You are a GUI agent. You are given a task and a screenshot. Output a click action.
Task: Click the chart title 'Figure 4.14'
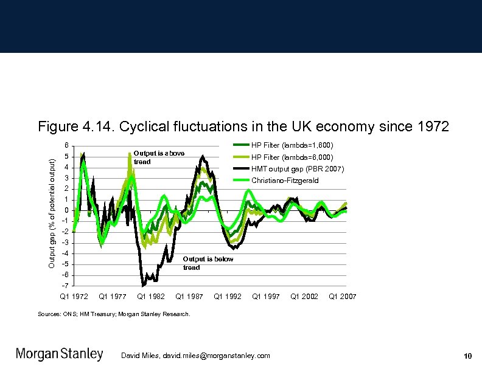point(243,127)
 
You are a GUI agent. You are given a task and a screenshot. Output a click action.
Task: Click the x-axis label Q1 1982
point(151,297)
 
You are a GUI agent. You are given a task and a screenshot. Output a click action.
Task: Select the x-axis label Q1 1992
point(228,297)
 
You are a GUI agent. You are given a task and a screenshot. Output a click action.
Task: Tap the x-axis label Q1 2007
point(342,297)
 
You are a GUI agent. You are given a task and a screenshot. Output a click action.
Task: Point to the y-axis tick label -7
point(66,286)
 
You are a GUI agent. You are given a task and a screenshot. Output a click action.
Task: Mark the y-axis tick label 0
point(67,210)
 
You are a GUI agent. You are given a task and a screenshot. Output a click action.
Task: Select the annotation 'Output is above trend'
point(158,157)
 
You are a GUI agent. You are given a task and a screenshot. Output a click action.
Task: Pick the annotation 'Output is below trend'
point(208,263)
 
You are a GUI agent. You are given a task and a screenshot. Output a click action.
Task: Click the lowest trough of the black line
point(143,285)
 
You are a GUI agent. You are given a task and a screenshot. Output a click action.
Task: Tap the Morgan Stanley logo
point(59,354)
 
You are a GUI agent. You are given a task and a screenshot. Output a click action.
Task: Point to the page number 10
point(467,356)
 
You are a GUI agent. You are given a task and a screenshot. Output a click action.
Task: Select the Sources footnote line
point(114,314)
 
